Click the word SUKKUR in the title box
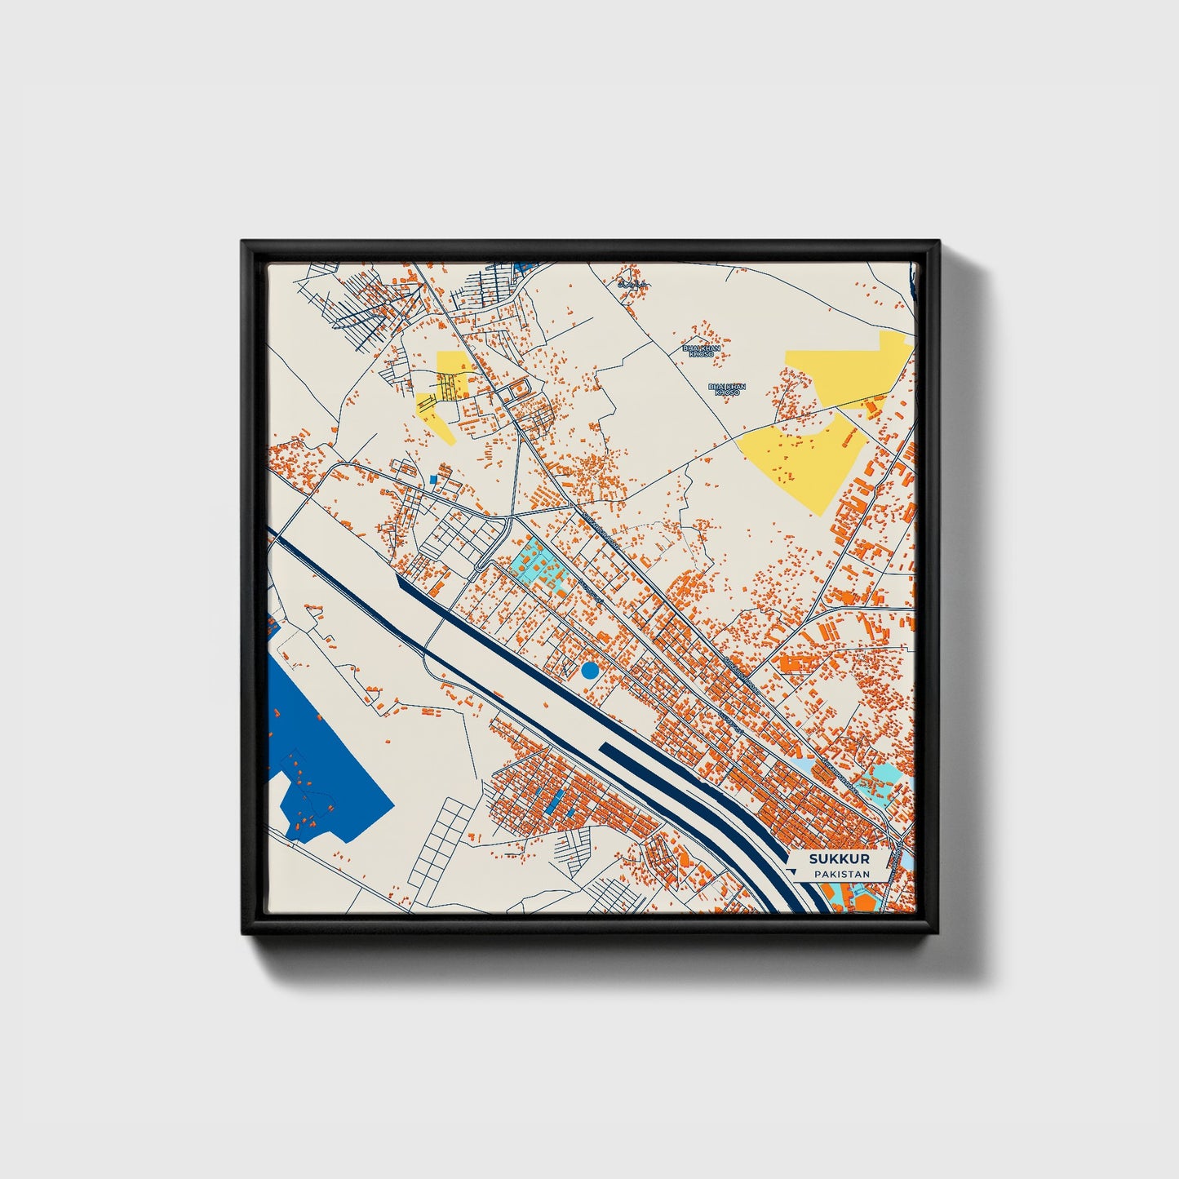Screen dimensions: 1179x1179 [839, 859]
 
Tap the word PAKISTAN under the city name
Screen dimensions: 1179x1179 [840, 874]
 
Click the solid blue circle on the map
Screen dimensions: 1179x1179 [590, 671]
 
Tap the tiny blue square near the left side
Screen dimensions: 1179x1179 [433, 479]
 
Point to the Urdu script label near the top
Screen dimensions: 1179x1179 [632, 284]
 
